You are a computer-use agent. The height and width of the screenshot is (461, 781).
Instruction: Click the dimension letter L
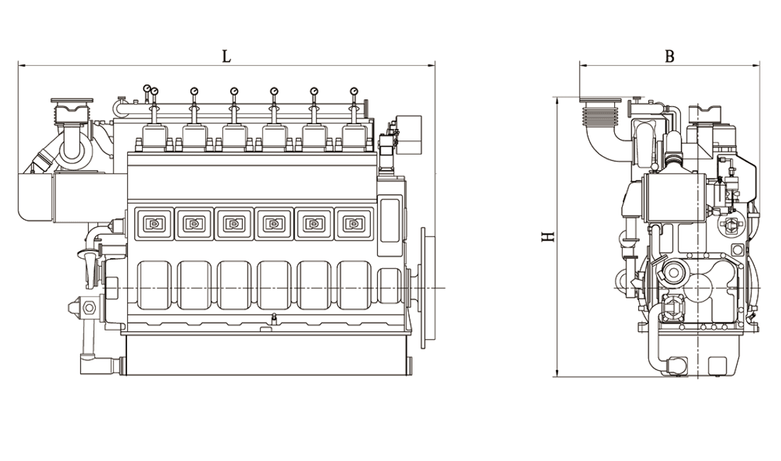pyautogui.click(x=226, y=56)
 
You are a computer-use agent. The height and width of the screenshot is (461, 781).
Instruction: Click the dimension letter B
pyautogui.click(x=670, y=56)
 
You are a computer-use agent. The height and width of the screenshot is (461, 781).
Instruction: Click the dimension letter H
pyautogui.click(x=548, y=237)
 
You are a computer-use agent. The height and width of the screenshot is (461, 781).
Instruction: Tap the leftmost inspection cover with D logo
pyautogui.click(x=153, y=224)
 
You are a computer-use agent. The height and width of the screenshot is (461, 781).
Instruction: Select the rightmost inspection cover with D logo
pyautogui.click(x=353, y=223)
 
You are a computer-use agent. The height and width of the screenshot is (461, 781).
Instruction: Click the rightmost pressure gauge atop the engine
pyautogui.click(x=354, y=91)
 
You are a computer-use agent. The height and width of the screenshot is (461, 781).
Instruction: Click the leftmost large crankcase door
pyautogui.click(x=153, y=286)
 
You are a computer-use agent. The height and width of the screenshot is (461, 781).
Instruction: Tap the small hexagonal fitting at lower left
pyautogui.click(x=89, y=308)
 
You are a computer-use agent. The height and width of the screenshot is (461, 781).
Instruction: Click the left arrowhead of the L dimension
pyautogui.click(x=21, y=65)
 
